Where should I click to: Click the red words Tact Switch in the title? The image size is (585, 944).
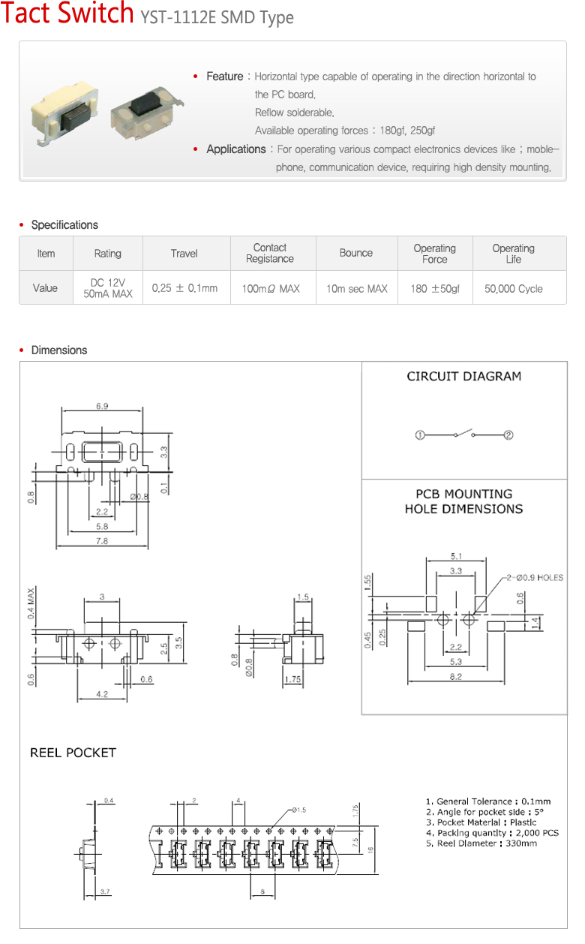point(67,13)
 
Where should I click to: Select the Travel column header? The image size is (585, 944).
point(184,254)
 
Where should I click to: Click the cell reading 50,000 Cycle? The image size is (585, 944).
point(514,289)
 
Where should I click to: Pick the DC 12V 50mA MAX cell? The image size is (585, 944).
point(108,288)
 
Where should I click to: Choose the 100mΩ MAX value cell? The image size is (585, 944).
point(271,289)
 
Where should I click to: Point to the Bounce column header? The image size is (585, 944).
point(356,253)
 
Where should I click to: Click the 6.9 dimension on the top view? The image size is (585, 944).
point(102,406)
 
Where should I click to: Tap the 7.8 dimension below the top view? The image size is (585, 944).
point(102,541)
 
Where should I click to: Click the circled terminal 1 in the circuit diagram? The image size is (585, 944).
point(420,435)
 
